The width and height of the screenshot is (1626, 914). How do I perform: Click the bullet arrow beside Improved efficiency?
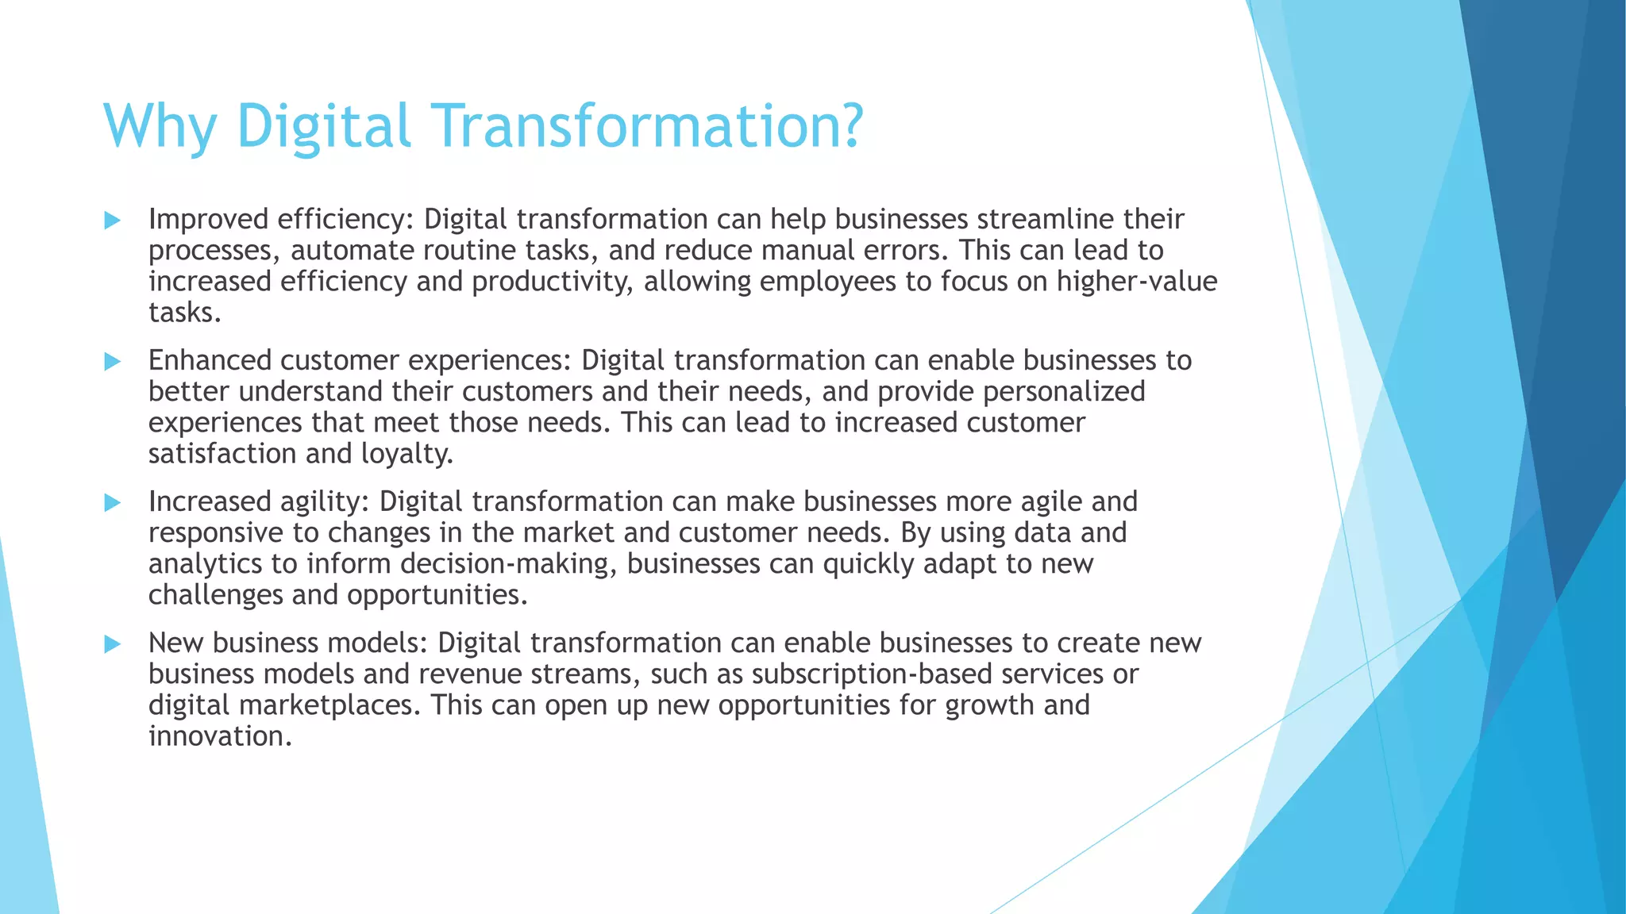tap(113, 221)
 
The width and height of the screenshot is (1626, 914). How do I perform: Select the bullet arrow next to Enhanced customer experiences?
tap(113, 362)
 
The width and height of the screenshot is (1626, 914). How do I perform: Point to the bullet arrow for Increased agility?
tap(113, 503)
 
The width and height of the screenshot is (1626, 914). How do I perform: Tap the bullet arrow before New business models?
tap(113, 644)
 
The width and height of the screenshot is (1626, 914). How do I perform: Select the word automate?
tap(352, 251)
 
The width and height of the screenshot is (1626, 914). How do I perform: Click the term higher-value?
tap(1137, 282)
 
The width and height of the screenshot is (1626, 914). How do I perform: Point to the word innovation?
tap(220, 736)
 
